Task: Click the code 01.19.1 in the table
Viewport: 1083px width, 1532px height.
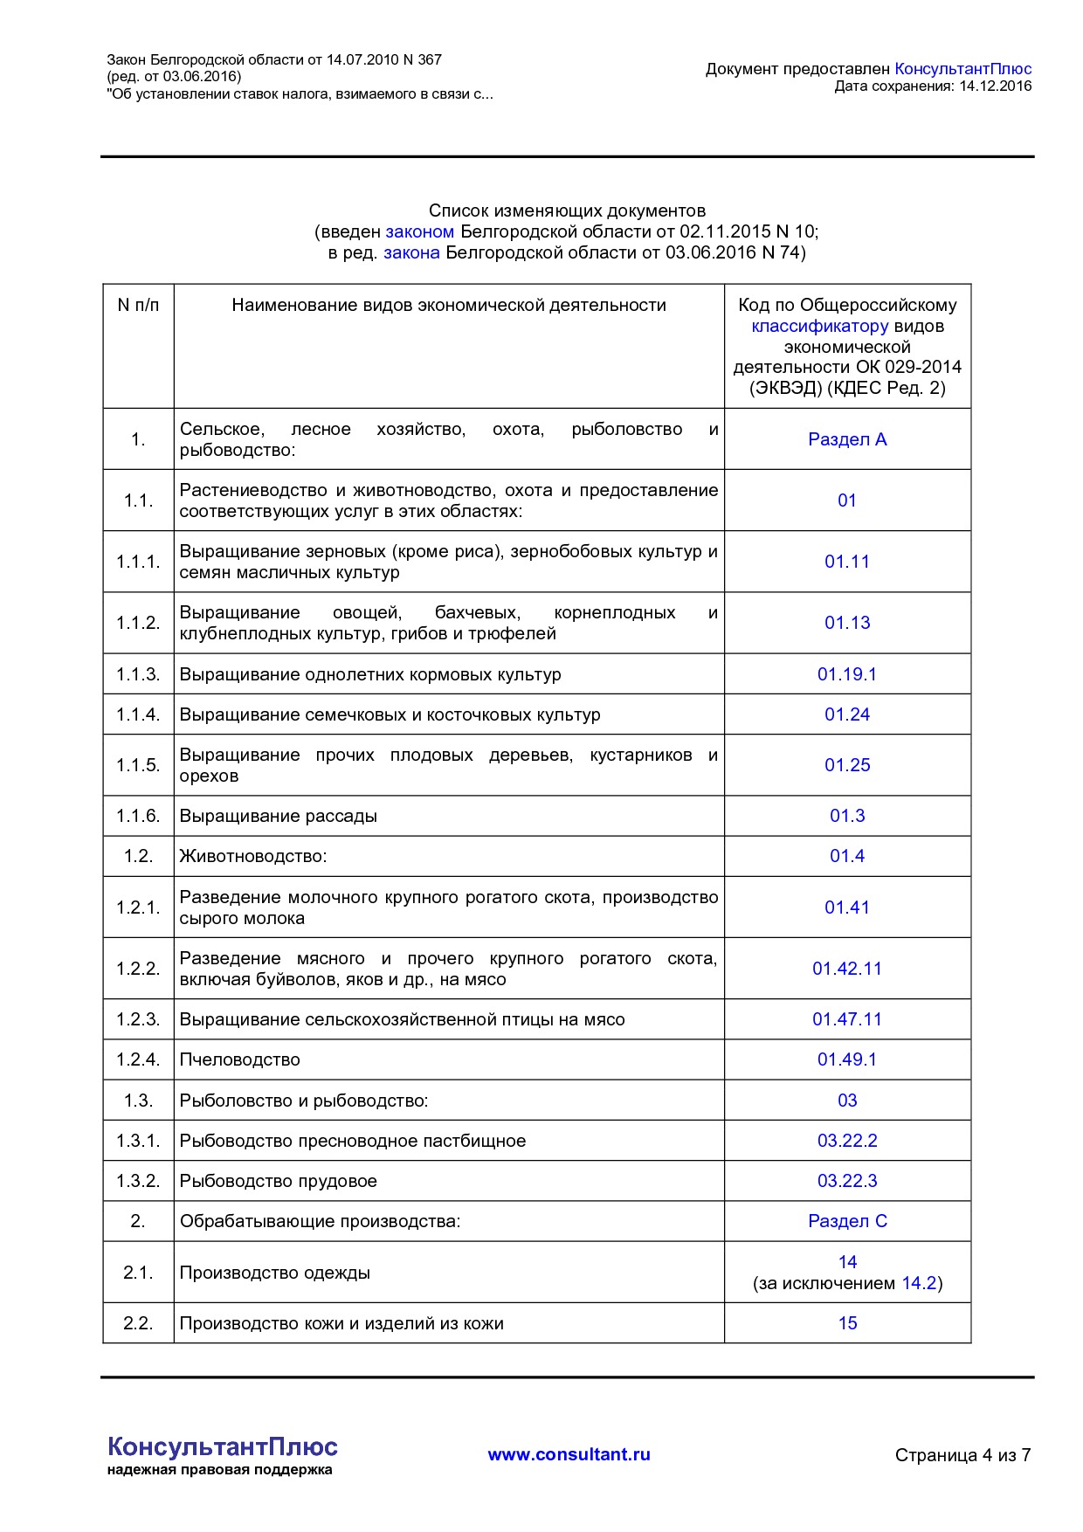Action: tap(846, 674)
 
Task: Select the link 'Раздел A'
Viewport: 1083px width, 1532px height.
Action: tap(846, 439)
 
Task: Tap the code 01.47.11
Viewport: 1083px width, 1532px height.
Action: tap(846, 1019)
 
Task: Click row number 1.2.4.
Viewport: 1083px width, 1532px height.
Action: tap(138, 1059)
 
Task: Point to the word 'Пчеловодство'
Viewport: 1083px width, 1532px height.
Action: tap(239, 1059)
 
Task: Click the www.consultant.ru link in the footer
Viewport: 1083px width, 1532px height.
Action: tap(569, 1454)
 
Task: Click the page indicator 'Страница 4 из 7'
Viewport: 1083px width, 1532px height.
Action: tap(962, 1455)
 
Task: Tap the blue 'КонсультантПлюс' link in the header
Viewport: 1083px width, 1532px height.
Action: tap(962, 69)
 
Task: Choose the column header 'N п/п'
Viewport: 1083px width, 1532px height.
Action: tap(138, 305)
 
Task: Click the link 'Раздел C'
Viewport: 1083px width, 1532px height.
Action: tap(846, 1221)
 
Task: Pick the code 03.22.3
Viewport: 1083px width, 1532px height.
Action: tap(846, 1181)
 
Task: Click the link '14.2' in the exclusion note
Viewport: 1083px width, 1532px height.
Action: tap(919, 1283)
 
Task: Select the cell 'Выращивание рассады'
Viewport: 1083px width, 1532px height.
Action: tap(278, 816)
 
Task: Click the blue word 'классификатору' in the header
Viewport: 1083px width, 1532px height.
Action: tap(819, 326)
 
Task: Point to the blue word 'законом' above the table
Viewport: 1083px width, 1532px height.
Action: tap(419, 231)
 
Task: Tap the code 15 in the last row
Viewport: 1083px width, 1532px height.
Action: tap(847, 1323)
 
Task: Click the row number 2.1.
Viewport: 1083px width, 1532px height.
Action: tap(138, 1273)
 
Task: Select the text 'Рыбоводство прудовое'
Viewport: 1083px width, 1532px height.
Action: tap(278, 1181)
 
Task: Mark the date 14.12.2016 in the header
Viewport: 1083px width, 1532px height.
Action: tap(995, 86)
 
